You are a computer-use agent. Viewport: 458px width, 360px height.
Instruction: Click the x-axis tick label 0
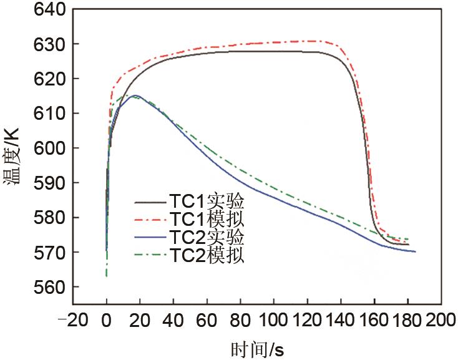click(x=107, y=321)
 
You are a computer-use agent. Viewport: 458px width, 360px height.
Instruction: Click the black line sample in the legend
click(x=150, y=203)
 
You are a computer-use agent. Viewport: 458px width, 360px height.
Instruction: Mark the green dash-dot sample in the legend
click(x=150, y=255)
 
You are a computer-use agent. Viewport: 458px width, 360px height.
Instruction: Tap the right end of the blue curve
click(x=415, y=251)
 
